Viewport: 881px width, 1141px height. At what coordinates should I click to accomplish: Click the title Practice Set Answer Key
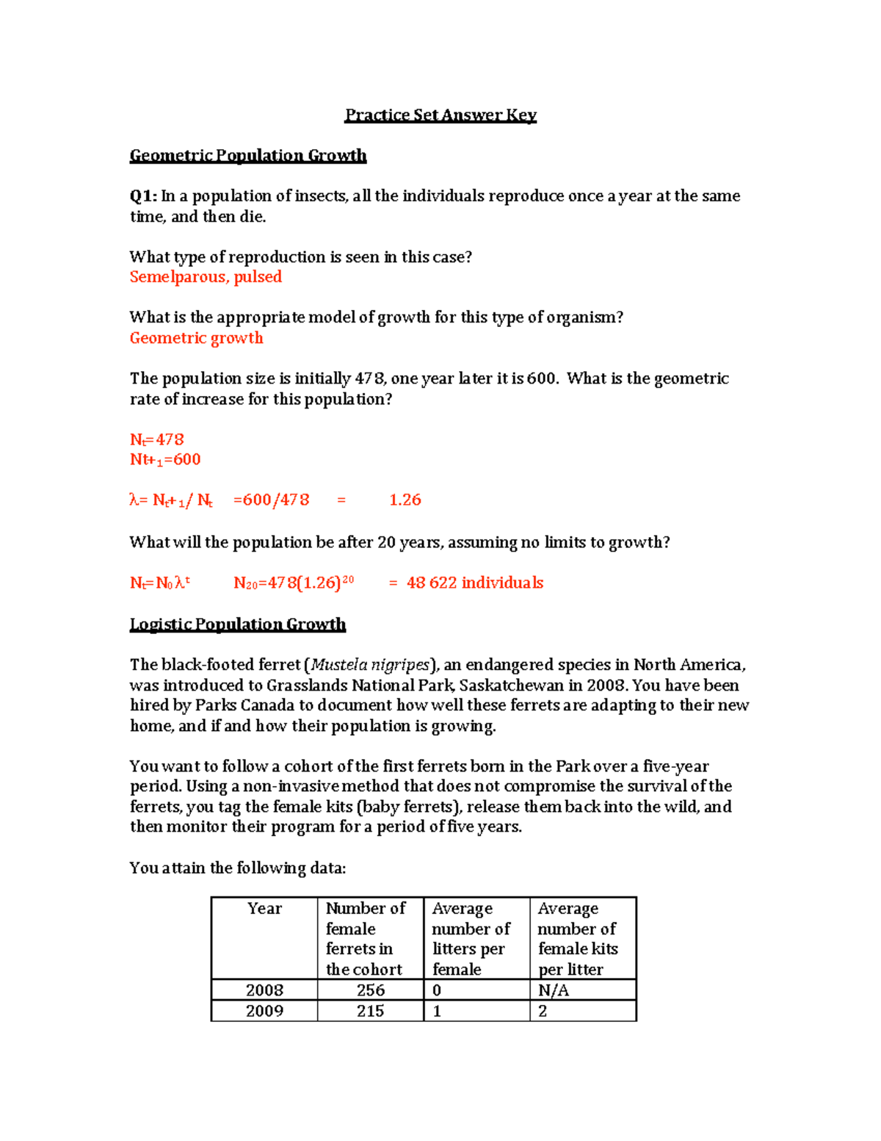(440, 115)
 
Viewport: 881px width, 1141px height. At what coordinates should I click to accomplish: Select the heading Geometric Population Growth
(247, 156)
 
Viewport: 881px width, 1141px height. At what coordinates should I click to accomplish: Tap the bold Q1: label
(143, 196)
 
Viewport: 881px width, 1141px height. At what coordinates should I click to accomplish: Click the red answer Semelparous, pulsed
(206, 277)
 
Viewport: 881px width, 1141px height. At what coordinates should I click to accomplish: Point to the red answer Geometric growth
(196, 338)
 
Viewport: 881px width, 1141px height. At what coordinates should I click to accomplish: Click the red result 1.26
(405, 500)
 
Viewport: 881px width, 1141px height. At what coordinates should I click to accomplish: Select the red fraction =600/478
(271, 500)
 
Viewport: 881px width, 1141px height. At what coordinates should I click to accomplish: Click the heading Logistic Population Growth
(237, 625)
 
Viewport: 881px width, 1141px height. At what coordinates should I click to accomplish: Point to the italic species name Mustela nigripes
(370, 665)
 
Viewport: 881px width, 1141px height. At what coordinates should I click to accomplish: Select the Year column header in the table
(264, 909)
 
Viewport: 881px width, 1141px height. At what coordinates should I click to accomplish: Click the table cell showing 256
(370, 990)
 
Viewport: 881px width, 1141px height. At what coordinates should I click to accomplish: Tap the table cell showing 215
(370, 1011)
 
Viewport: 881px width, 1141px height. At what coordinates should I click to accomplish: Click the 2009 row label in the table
(264, 1011)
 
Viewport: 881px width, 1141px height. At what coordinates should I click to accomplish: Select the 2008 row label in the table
(264, 990)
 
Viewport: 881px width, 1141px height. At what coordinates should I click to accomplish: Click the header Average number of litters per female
(471, 939)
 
